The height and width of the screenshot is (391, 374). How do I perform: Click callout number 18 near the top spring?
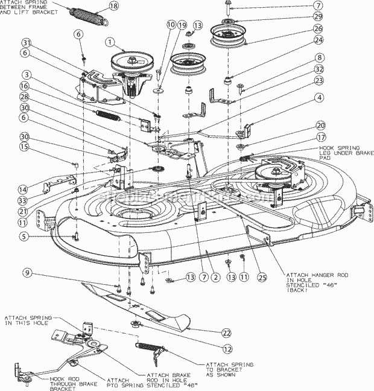pyautogui.click(x=115, y=7)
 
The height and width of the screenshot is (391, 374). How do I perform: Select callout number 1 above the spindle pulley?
pyautogui.click(x=109, y=43)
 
